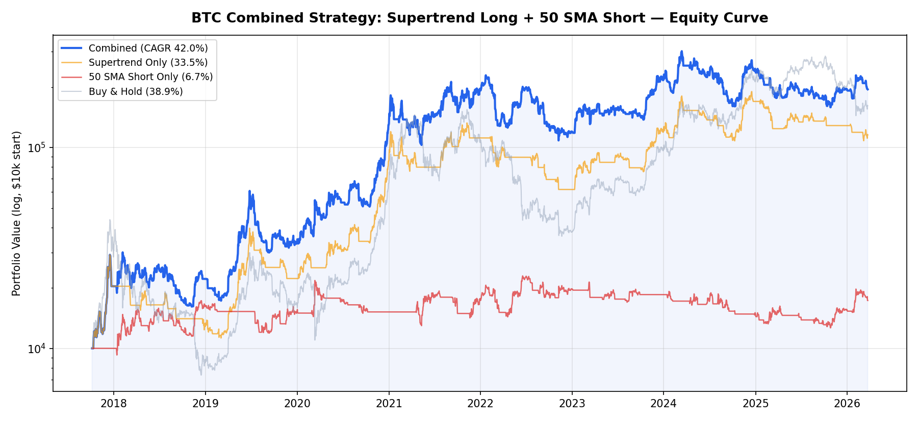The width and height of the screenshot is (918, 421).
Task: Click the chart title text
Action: (479, 18)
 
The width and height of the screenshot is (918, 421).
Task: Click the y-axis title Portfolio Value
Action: (17, 213)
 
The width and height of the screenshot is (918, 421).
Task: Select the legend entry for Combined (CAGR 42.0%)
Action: (148, 48)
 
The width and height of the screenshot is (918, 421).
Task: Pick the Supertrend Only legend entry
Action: (148, 63)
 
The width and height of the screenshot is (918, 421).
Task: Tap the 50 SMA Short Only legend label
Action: (150, 77)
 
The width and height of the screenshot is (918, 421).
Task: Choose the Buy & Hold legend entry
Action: (136, 92)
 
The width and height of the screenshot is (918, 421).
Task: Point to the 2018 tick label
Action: (114, 404)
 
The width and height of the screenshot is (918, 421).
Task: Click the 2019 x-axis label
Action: (206, 404)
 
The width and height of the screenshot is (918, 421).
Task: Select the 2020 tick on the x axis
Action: (297, 404)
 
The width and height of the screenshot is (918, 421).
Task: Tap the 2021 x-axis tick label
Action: (389, 404)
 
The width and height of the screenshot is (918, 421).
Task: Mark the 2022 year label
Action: (480, 404)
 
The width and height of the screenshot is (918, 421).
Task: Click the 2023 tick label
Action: (572, 404)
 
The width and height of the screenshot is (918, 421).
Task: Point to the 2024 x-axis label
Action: (664, 404)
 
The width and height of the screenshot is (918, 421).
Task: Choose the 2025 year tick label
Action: (755, 404)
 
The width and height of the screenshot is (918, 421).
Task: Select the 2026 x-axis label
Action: (847, 404)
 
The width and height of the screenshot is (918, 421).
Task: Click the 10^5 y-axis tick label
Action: (37, 148)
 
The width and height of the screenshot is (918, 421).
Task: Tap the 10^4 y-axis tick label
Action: (37, 349)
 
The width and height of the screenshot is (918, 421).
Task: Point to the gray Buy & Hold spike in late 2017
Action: (110, 220)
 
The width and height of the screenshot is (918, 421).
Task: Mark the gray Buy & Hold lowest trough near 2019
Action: (201, 375)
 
